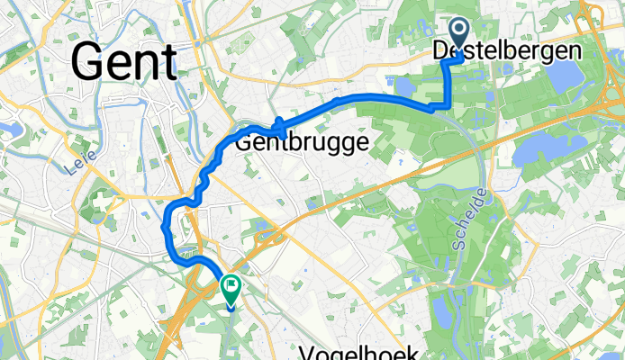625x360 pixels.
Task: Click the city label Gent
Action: (123, 61)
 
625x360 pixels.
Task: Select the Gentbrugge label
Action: (302, 142)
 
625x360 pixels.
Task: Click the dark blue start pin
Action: (457, 34)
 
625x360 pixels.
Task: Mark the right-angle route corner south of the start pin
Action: (448, 106)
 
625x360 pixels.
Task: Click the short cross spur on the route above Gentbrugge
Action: (279, 129)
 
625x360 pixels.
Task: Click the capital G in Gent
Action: (87, 61)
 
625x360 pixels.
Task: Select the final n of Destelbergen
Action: (573, 51)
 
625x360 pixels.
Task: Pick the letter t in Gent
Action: (168, 61)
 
